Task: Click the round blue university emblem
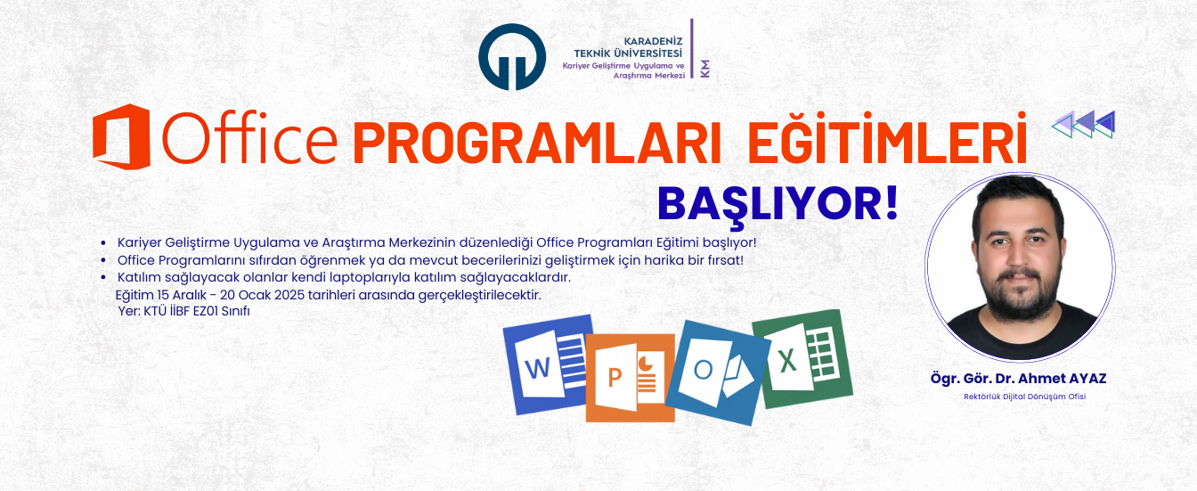512,56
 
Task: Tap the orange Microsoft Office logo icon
121,136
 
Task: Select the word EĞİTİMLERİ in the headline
887,140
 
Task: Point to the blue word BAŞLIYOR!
778,202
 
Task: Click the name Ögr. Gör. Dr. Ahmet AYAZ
1018,379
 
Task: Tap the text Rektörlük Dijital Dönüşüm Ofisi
1024,397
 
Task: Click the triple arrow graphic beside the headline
1083,125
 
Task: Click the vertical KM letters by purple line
704,69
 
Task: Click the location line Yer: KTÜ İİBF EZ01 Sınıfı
183,310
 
